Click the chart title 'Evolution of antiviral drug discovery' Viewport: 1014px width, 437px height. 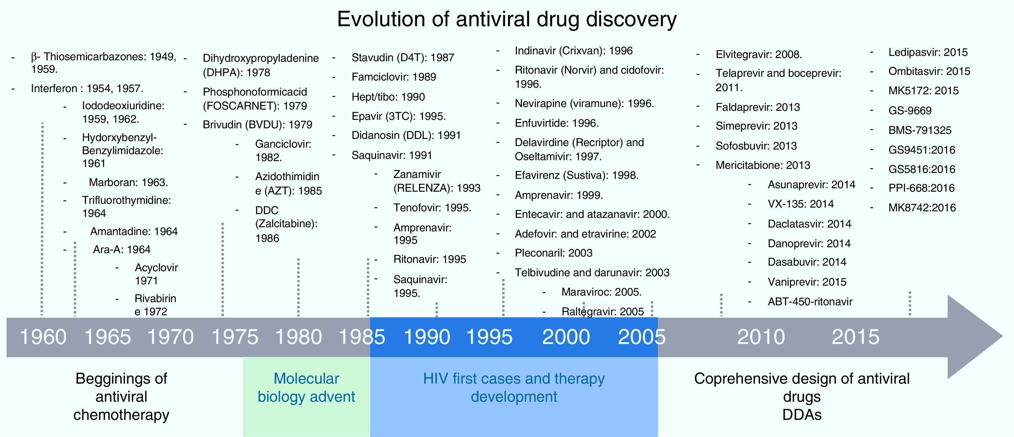[507, 19]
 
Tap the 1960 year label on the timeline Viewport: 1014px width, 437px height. [43, 337]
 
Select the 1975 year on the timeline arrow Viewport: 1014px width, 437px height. [235, 337]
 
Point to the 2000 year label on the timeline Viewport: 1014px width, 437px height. [566, 337]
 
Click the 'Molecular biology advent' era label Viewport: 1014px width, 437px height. [306, 387]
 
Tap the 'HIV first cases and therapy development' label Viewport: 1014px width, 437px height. [514, 387]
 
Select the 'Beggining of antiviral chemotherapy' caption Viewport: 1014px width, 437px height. [121, 396]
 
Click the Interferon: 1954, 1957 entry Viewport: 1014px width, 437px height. [87, 89]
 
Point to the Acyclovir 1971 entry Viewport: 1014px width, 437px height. [156, 274]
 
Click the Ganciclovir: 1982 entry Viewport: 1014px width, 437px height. [283, 150]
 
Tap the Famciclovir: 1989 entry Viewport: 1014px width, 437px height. [394, 77]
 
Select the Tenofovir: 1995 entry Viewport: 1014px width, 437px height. [432, 208]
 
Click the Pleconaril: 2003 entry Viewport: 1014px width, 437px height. [553, 253]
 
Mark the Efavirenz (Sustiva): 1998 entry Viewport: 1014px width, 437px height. [576, 175]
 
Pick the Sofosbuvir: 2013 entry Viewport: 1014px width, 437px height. [756, 146]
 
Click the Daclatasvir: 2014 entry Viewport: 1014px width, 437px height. [809, 223]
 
